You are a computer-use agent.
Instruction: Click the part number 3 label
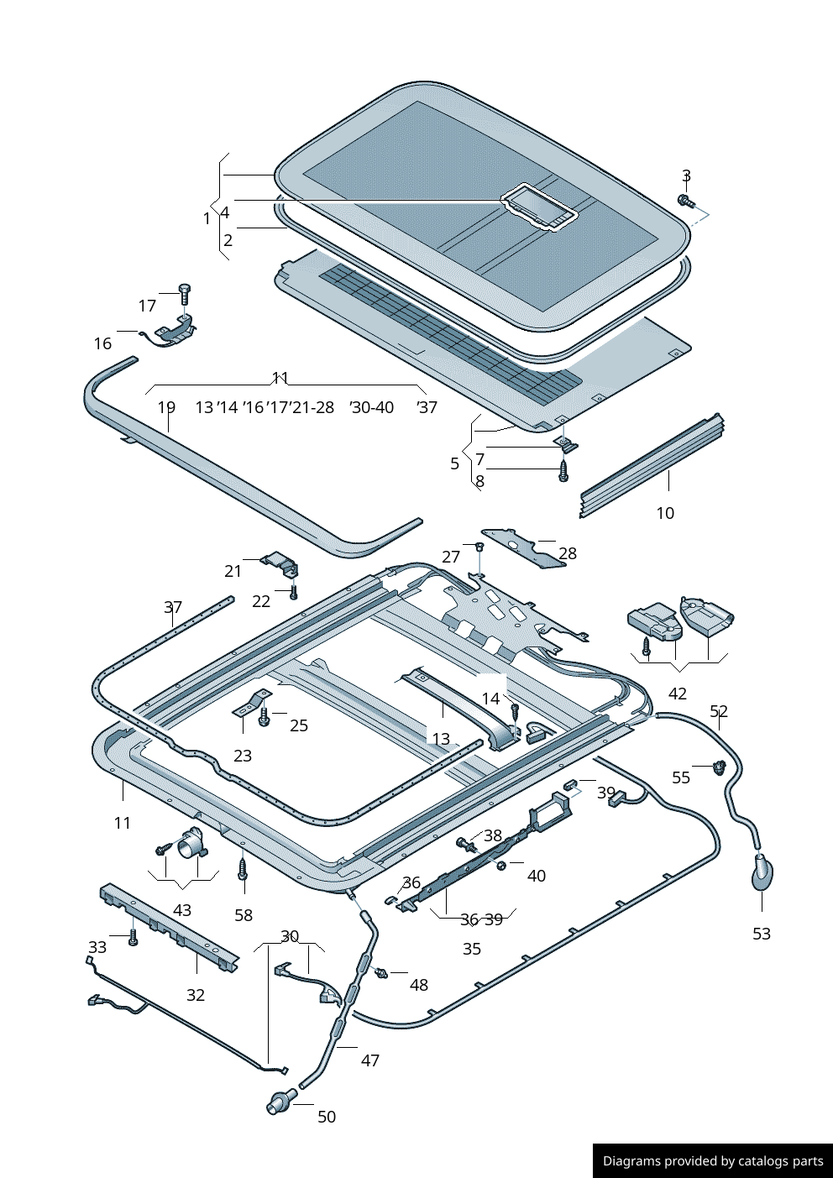tap(686, 176)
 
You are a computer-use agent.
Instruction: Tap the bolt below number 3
tap(684, 201)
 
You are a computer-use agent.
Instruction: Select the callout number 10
tap(665, 513)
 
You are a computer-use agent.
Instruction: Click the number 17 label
tap(147, 306)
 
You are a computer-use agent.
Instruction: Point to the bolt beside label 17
tap(185, 294)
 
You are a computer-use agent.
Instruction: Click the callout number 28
tap(568, 553)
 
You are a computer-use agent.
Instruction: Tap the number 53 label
tap(762, 934)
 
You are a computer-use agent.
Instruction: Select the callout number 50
tap(327, 1117)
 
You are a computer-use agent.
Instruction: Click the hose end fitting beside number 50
tap(280, 1102)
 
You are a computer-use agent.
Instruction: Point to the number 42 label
tap(678, 694)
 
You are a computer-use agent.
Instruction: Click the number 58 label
tap(244, 915)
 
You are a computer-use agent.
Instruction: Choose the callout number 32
tap(196, 995)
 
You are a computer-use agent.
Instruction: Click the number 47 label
tap(370, 1060)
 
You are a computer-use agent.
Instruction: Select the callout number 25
tap(299, 725)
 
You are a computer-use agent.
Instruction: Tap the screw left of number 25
tap(265, 718)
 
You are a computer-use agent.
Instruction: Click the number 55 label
tap(681, 777)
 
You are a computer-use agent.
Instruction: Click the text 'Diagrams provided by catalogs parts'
tap(713, 1161)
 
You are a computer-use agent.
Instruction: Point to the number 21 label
tap(233, 571)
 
